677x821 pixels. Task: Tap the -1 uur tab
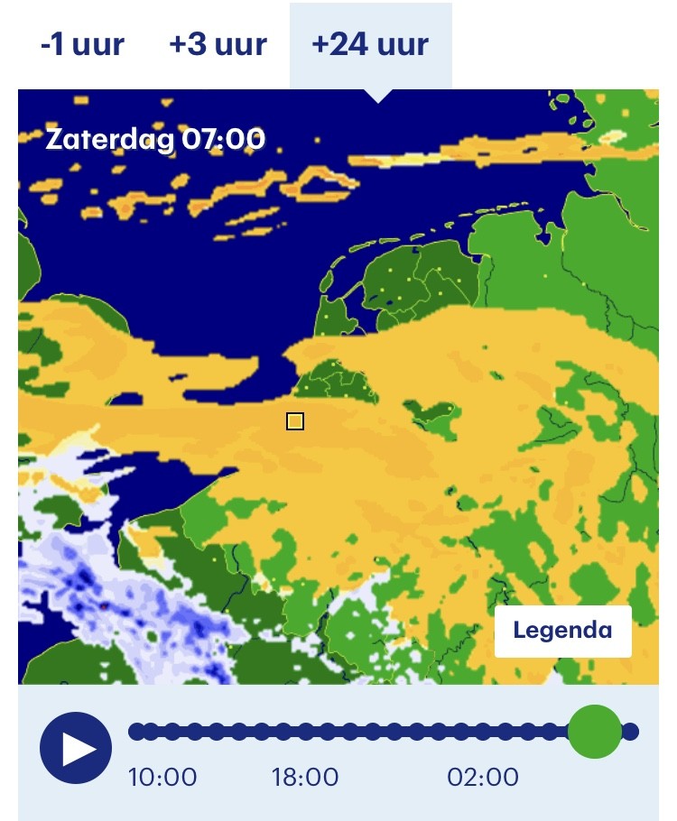pos(82,44)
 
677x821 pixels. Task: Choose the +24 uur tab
pos(370,44)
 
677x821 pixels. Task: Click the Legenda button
pos(562,631)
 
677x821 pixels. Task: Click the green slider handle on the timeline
pos(595,731)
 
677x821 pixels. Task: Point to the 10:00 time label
pos(162,778)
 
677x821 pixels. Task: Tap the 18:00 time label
pos(305,778)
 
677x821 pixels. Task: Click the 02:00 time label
pos(484,778)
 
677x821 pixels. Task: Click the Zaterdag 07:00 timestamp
pos(155,140)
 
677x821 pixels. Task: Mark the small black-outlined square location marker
pos(295,421)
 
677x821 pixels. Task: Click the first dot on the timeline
pos(136,731)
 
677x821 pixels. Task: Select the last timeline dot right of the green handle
pos(631,731)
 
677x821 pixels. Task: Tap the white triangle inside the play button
pos(79,748)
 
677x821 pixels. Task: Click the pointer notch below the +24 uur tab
pos(378,96)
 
